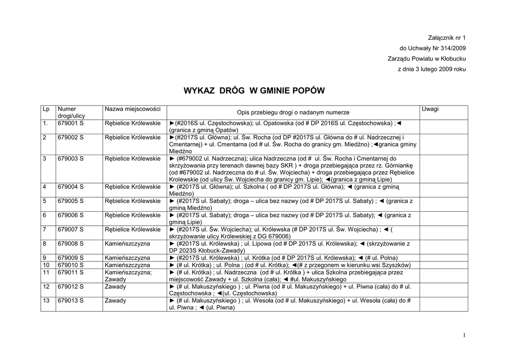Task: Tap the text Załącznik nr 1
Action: (447, 38)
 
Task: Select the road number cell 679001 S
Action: (71, 123)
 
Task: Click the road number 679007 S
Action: (71, 229)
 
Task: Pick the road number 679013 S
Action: (71, 300)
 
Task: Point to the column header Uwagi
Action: (430, 109)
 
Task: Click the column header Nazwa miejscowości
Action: (128, 109)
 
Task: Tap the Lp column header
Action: (46, 109)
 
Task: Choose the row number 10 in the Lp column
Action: (46, 265)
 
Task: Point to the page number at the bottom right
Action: (464, 336)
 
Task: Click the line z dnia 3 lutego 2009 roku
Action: (432, 69)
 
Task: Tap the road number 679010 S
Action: (71, 265)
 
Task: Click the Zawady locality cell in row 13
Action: (115, 300)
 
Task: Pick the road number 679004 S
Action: (71, 186)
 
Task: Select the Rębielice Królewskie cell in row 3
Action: (133, 159)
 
